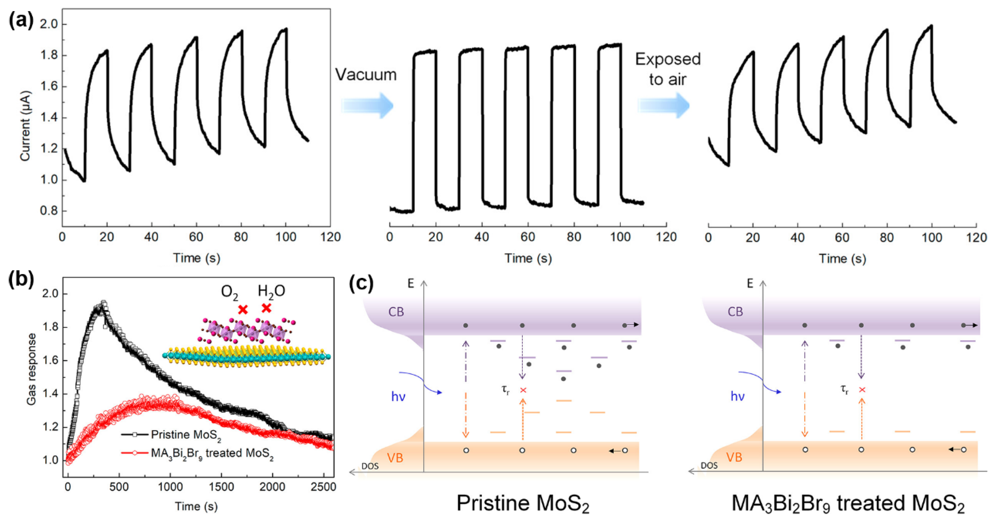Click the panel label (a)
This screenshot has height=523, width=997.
(x=21, y=20)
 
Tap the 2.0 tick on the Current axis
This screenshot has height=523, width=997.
(x=48, y=24)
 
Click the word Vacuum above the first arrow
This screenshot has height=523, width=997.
(x=365, y=75)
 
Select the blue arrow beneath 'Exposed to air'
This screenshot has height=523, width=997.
(x=663, y=105)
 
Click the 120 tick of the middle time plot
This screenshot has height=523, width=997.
(x=666, y=237)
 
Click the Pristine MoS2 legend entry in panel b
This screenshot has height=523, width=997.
(x=186, y=435)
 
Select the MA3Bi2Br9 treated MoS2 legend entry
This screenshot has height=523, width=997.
(x=212, y=453)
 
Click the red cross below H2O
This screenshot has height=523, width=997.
(x=266, y=308)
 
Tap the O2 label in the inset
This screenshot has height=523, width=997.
(x=229, y=293)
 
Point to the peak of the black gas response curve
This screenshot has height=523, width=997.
(x=103, y=303)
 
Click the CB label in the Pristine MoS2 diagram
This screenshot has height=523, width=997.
(x=396, y=312)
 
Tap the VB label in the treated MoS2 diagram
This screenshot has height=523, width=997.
(x=734, y=457)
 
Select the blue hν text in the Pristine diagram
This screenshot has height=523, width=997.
(x=398, y=396)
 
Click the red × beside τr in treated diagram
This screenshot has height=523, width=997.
(x=862, y=389)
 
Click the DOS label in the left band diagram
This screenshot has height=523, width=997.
(x=370, y=466)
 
